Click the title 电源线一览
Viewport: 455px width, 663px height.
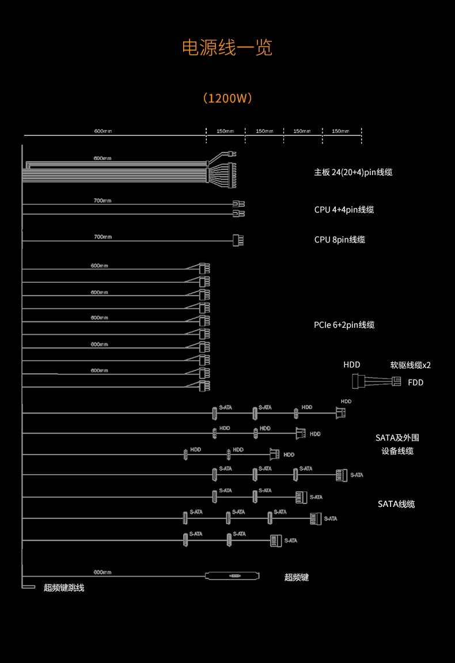(x=227, y=48)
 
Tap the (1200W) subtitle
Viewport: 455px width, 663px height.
(x=227, y=98)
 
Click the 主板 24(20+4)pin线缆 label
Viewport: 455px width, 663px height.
(x=353, y=172)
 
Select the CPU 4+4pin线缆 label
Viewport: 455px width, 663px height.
(x=344, y=210)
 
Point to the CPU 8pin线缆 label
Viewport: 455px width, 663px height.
(x=339, y=240)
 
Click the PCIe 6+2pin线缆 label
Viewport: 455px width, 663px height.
(x=344, y=325)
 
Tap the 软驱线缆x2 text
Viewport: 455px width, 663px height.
(x=410, y=365)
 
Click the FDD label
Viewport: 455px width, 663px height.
(x=415, y=382)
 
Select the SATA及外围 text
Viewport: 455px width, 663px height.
(x=397, y=438)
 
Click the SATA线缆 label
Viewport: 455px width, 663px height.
(x=396, y=504)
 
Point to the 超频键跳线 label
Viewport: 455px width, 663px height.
(x=64, y=588)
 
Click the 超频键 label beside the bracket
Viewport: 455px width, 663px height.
(x=297, y=577)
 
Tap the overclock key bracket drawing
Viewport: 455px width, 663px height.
(x=233, y=575)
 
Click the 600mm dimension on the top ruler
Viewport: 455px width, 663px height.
(x=103, y=131)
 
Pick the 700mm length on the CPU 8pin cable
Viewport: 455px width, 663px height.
(x=103, y=237)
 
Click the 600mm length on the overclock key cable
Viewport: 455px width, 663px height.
(x=103, y=572)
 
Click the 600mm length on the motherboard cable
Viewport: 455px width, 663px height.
(x=103, y=158)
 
